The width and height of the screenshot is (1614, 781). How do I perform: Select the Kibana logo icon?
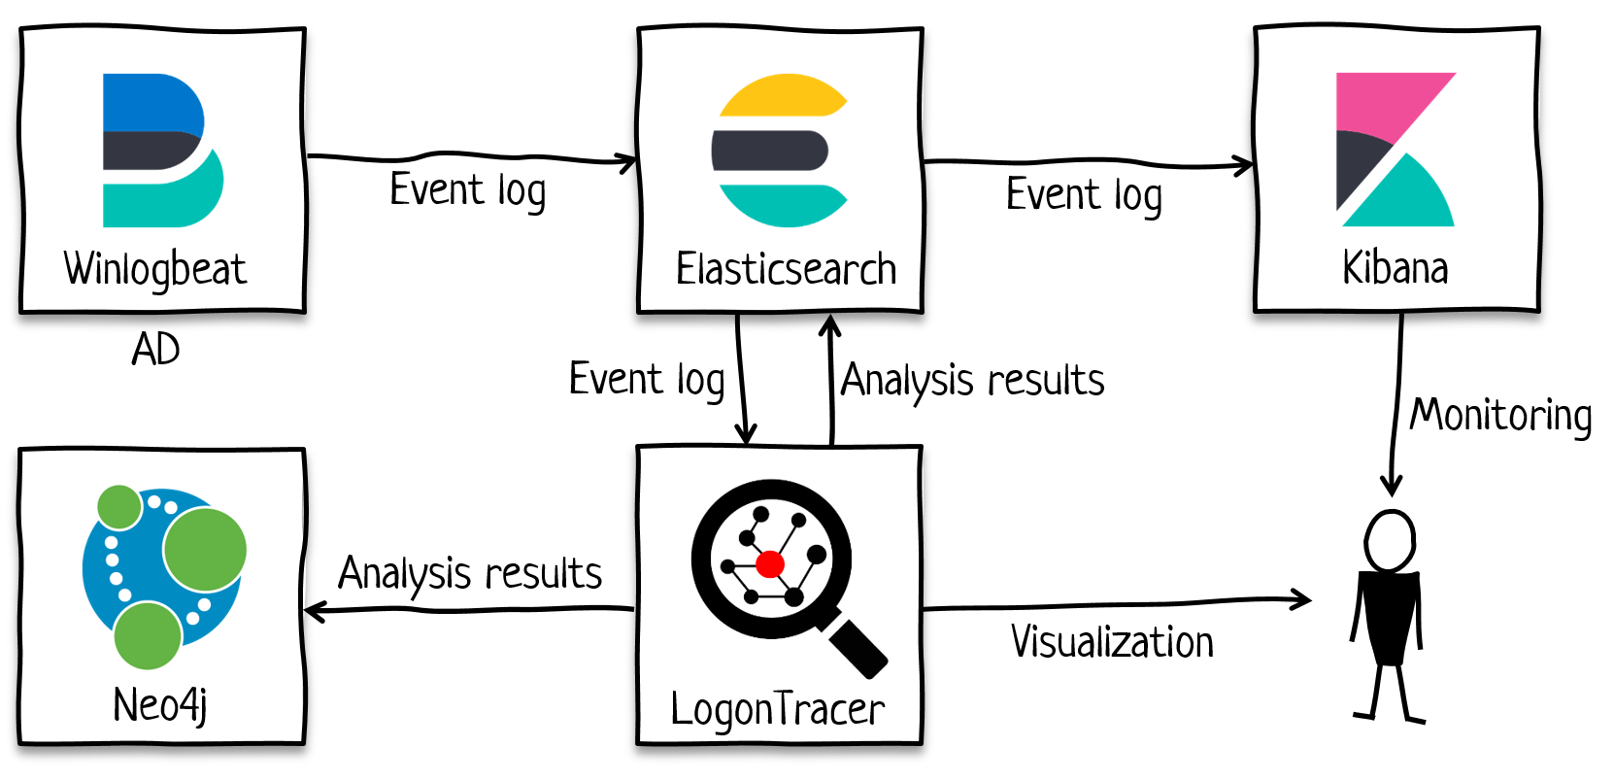[1395, 149]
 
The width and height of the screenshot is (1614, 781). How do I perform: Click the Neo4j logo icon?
[162, 576]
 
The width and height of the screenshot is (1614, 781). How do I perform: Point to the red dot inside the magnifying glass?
[770, 563]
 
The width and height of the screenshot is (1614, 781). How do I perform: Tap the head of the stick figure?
[1390, 541]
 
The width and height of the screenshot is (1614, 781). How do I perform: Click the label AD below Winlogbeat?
[155, 350]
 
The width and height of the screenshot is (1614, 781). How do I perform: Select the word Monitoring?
[1500, 416]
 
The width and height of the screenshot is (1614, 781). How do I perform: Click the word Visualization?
[1112, 643]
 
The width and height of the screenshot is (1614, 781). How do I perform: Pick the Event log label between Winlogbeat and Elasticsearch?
[468, 190]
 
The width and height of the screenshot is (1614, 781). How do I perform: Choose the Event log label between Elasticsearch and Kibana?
[1084, 195]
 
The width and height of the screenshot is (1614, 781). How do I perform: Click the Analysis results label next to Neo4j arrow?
[470, 574]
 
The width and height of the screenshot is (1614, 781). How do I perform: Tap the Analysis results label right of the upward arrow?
[973, 380]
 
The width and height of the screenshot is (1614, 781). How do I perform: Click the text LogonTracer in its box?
[777, 710]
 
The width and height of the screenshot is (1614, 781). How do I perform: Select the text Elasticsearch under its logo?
[786, 270]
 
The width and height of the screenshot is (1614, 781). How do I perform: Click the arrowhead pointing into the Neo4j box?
[313, 611]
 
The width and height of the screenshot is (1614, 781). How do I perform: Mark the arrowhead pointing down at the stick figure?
[1392, 486]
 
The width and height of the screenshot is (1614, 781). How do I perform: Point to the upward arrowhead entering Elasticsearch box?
[829, 323]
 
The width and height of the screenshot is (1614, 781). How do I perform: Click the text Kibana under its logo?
[1395, 268]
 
